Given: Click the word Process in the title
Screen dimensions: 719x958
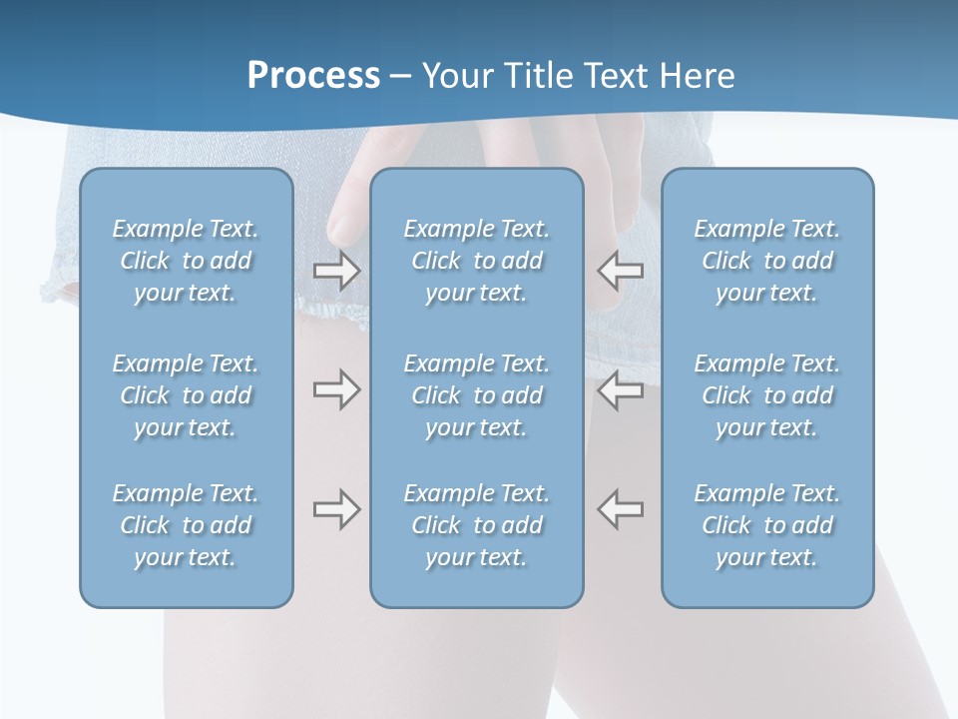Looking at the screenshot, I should point(313,76).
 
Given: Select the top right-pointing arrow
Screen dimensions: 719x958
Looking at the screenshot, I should point(336,270).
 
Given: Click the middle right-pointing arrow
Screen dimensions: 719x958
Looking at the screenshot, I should point(336,389).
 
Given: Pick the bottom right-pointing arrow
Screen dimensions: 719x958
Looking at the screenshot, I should point(336,509).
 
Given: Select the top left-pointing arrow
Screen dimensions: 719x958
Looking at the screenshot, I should point(621,270).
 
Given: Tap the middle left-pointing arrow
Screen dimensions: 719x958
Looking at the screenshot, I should point(621,389).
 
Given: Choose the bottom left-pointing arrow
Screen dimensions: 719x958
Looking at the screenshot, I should point(621,509).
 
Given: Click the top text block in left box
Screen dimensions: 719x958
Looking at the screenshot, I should point(186,261).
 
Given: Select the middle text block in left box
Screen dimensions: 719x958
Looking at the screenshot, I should point(186,395).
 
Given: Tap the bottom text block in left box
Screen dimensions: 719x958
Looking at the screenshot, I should point(186,525).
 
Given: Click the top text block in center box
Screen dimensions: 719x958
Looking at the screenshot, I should point(477,261).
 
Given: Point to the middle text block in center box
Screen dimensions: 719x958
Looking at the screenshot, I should point(477,395).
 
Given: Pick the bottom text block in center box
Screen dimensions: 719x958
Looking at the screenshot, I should point(477,525).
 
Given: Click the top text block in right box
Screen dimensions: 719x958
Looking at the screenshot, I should point(767,261).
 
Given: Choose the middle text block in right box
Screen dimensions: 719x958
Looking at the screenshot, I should point(767,395).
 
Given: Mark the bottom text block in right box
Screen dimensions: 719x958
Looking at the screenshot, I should point(767,525).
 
